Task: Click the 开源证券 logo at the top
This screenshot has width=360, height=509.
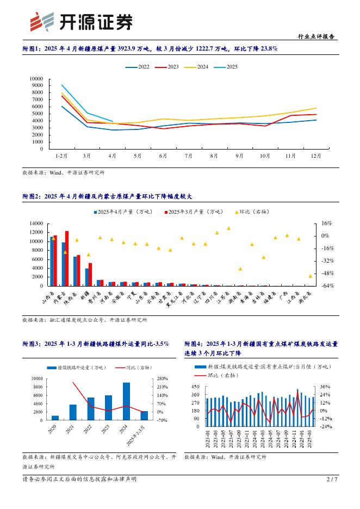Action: (x=81, y=21)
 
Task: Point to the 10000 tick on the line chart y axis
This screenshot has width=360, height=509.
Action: (x=36, y=78)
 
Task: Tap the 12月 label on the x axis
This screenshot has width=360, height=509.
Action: (x=315, y=156)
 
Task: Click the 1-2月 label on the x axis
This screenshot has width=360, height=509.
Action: (x=61, y=156)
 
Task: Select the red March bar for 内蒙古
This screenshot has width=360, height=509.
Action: (x=67, y=258)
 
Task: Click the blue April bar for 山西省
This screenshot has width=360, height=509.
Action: (x=52, y=262)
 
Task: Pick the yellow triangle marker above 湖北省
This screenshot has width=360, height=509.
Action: (x=311, y=276)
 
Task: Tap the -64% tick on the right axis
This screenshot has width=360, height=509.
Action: (x=326, y=285)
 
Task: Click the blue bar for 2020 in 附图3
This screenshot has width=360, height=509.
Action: (x=55, y=418)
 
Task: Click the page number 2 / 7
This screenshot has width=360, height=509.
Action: (x=332, y=479)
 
